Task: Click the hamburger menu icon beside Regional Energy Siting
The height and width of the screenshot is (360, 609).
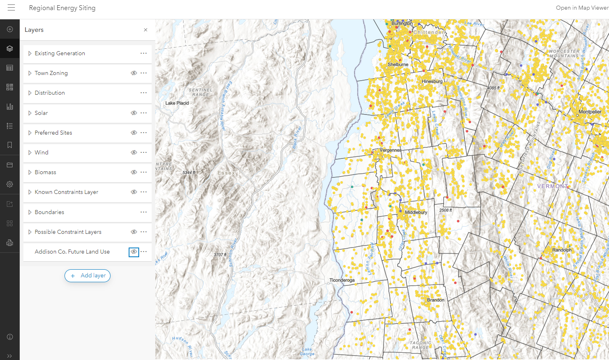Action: tap(11, 8)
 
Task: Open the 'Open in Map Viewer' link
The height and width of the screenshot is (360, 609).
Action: tap(582, 8)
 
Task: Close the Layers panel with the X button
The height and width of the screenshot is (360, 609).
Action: tap(146, 30)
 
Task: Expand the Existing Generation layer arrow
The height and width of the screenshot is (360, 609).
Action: tap(30, 53)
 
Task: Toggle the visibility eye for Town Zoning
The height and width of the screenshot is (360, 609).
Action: tap(134, 73)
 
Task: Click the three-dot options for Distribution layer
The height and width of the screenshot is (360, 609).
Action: tap(144, 93)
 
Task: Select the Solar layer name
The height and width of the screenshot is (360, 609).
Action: tap(41, 113)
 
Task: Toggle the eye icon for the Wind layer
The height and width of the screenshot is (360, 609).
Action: tap(134, 152)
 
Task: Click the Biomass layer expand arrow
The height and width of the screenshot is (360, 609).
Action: tap(30, 172)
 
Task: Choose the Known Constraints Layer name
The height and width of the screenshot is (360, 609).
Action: tap(66, 192)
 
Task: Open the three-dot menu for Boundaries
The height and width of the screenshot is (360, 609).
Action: tap(144, 212)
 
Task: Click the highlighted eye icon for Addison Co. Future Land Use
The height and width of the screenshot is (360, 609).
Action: tap(133, 252)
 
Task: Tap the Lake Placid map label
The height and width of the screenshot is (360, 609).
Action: tap(177, 103)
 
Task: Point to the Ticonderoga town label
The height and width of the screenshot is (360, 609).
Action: tap(342, 280)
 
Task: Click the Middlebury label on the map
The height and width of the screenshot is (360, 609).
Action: tap(416, 212)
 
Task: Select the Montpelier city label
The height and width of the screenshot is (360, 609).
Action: tap(590, 112)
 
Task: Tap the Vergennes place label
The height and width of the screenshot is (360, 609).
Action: tap(390, 150)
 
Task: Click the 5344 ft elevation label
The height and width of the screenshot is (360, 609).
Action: tap(189, 173)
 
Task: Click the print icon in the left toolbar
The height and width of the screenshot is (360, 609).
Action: tap(10, 243)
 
